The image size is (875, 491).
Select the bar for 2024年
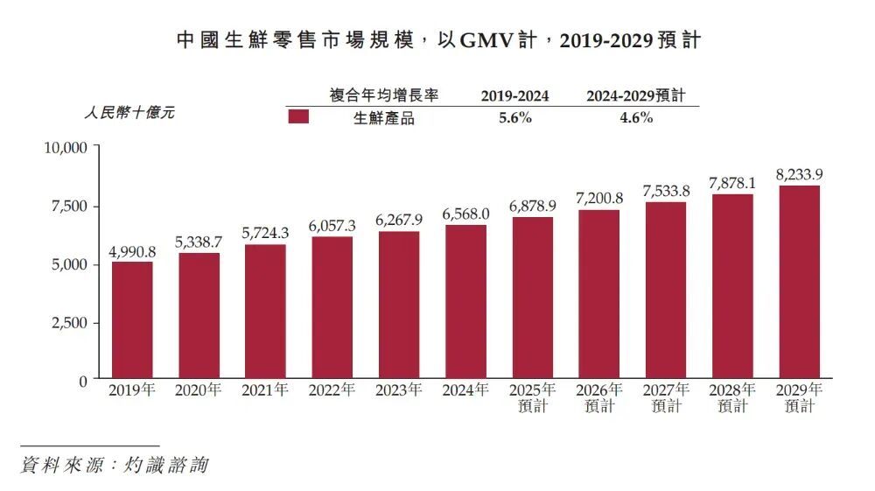(465, 301)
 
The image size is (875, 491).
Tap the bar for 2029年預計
(799, 281)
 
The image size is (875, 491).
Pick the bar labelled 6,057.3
(332, 307)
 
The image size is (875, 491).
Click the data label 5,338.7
(199, 240)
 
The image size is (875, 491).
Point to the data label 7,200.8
(599, 197)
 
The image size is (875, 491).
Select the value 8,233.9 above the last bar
(799, 174)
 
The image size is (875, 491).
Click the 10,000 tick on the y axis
(66, 147)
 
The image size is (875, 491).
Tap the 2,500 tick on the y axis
(69, 323)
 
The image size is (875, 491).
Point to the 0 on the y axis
(83, 382)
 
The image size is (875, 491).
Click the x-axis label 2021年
(265, 391)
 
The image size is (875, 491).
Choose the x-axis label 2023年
(399, 391)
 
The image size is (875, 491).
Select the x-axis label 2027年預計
(666, 398)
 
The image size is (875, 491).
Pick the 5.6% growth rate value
(515, 118)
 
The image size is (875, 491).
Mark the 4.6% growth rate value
(636, 118)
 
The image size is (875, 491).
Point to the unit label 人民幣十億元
(129, 113)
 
